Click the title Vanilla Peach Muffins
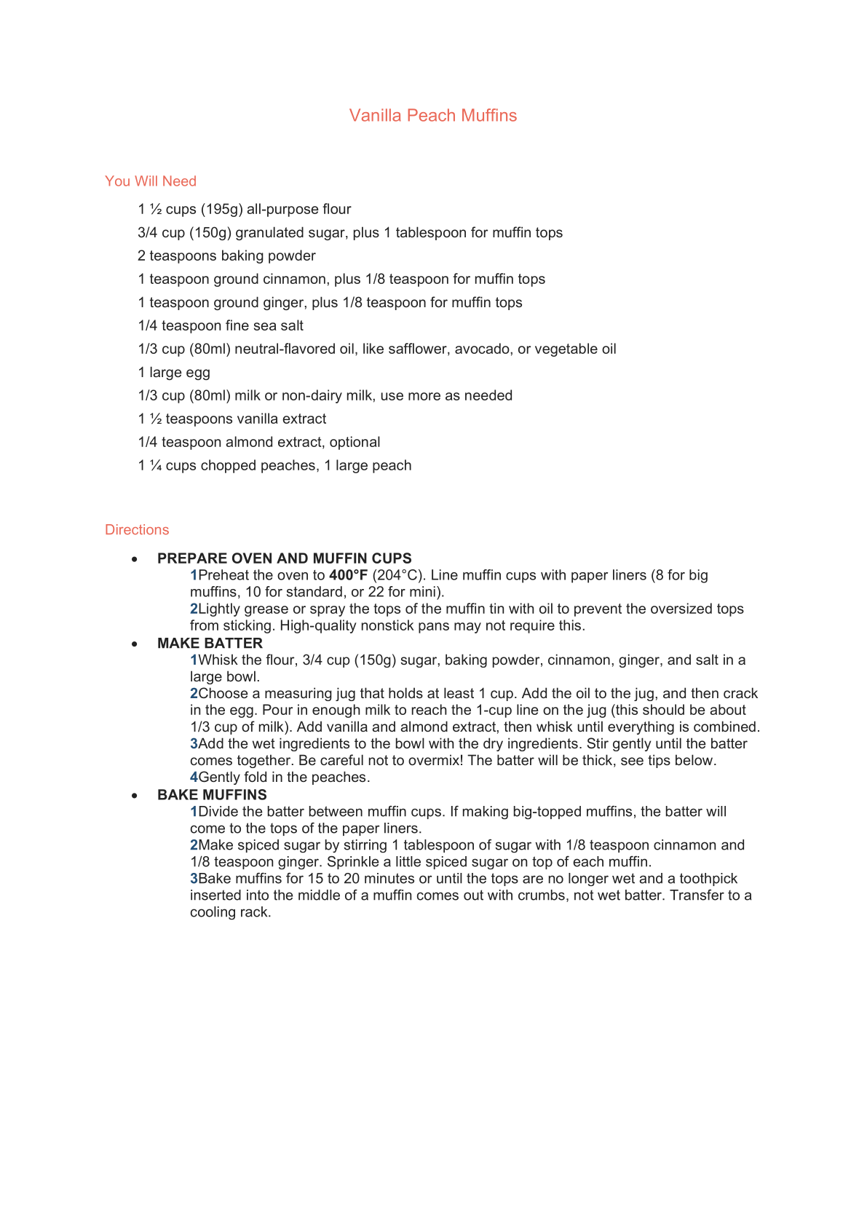(x=432, y=116)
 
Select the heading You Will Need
(x=151, y=181)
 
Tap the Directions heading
(x=137, y=530)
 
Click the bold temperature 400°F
(x=348, y=575)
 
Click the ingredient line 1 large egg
(x=174, y=373)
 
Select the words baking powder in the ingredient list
(x=272, y=256)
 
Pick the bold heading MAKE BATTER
(x=210, y=644)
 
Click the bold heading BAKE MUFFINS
(x=212, y=795)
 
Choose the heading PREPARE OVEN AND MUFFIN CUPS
(x=284, y=558)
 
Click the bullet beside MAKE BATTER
(x=135, y=644)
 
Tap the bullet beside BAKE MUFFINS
(x=135, y=796)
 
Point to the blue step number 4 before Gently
(x=194, y=778)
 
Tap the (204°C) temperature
(x=398, y=575)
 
